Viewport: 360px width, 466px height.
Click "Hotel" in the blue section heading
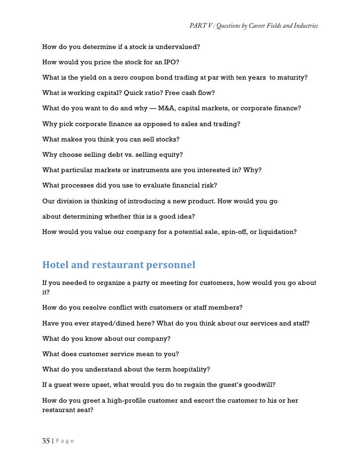[x=55, y=265]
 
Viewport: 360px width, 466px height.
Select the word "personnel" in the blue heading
[x=171, y=265]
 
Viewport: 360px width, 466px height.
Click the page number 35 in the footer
[x=45, y=441]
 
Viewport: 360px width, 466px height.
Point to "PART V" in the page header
[x=200, y=25]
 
